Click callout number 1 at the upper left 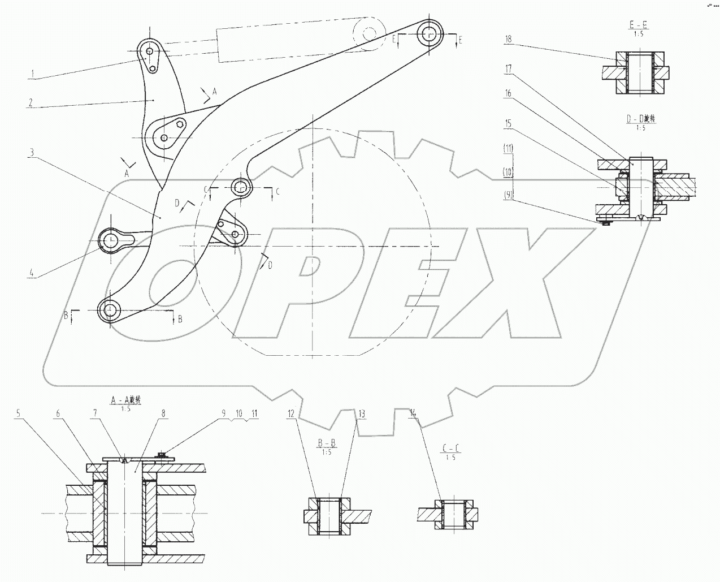point(33,73)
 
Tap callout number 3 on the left point(33,153)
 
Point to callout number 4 point(33,275)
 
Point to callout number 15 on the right point(508,123)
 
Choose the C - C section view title point(450,449)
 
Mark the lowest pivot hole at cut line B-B point(109,310)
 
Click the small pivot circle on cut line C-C point(241,186)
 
